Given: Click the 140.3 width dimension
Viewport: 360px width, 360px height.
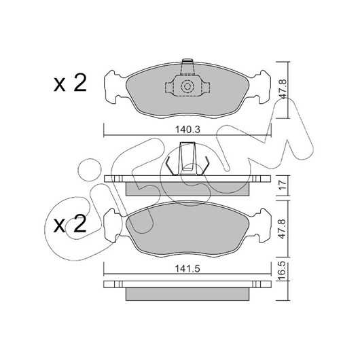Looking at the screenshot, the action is tap(187, 130).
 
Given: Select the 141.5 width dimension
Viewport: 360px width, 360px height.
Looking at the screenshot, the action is tap(187, 268).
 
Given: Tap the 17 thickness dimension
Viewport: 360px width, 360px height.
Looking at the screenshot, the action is tap(283, 185).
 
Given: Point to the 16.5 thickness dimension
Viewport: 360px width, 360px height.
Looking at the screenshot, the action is tap(283, 270).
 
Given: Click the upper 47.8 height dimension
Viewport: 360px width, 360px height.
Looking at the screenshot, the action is tap(283, 89).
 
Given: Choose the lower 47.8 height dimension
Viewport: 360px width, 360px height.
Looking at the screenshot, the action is tap(283, 229).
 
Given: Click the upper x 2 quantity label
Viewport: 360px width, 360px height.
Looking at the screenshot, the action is tap(70, 83).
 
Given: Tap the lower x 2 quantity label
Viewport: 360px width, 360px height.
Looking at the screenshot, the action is tap(70, 223).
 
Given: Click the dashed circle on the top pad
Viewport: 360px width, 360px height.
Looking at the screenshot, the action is tap(187, 86).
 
